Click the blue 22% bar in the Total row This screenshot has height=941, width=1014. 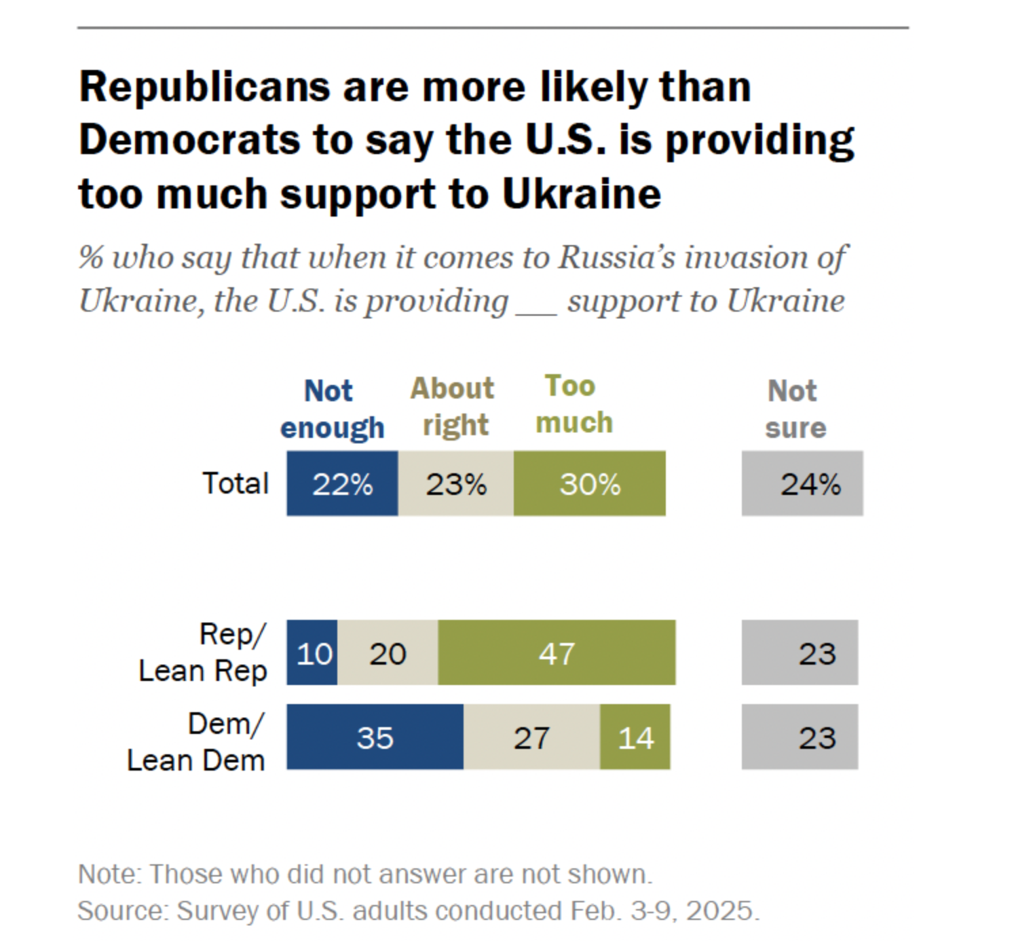tap(342, 483)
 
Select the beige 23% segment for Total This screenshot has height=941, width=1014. tap(455, 483)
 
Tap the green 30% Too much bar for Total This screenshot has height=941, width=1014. tap(589, 483)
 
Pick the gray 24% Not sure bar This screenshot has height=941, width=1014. tap(802, 483)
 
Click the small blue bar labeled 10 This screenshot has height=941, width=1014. tap(312, 652)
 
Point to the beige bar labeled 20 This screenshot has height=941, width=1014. tap(388, 652)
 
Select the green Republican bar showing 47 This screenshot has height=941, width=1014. tap(557, 652)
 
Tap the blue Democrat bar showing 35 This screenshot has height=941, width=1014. tap(375, 737)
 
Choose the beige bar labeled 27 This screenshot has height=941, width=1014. tap(531, 737)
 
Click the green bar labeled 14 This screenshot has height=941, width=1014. tap(635, 737)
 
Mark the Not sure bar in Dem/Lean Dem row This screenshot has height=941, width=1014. tap(800, 737)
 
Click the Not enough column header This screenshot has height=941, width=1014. tap(332, 409)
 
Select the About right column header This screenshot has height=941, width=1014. tap(453, 407)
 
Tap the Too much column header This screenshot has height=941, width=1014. tap(574, 405)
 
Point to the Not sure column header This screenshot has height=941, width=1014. tap(795, 409)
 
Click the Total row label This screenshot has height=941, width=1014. tap(236, 483)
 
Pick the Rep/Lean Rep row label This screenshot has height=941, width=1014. tap(204, 652)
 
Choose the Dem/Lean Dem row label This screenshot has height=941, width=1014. tap(197, 742)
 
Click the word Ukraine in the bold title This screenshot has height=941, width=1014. tap(582, 194)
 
